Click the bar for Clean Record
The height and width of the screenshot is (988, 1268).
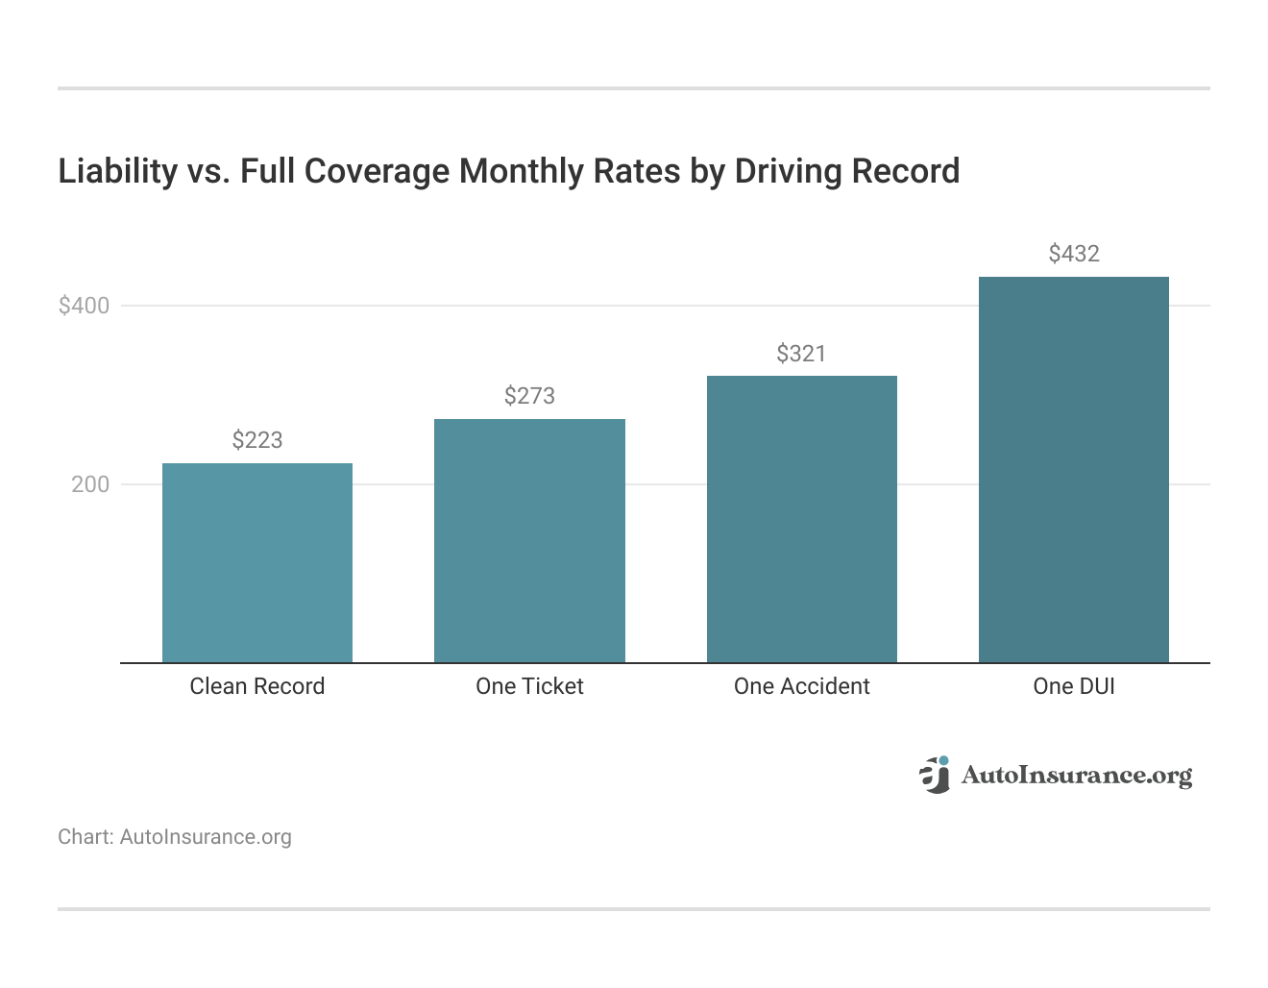tap(257, 563)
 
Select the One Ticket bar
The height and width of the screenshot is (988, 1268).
tap(529, 541)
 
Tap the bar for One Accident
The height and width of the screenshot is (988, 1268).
tap(801, 519)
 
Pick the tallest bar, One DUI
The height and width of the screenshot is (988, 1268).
tap(1073, 470)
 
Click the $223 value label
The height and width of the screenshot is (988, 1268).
tap(257, 440)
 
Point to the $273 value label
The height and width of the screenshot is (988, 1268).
tap(529, 396)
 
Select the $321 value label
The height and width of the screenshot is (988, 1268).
tap(801, 354)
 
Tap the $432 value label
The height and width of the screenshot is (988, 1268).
tap(1073, 254)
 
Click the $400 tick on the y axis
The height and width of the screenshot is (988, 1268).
tap(85, 306)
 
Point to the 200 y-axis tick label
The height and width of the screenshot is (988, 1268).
tap(90, 484)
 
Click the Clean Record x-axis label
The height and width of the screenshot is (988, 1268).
tap(257, 686)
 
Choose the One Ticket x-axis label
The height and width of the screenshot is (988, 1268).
tap(529, 686)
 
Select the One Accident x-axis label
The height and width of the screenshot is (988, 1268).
tap(801, 686)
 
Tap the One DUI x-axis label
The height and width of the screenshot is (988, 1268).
tap(1073, 686)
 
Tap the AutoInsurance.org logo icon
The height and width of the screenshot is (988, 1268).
tap(934, 775)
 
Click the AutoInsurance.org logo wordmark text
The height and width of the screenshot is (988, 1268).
tap(1076, 776)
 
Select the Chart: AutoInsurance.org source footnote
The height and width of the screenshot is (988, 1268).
tap(175, 837)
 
